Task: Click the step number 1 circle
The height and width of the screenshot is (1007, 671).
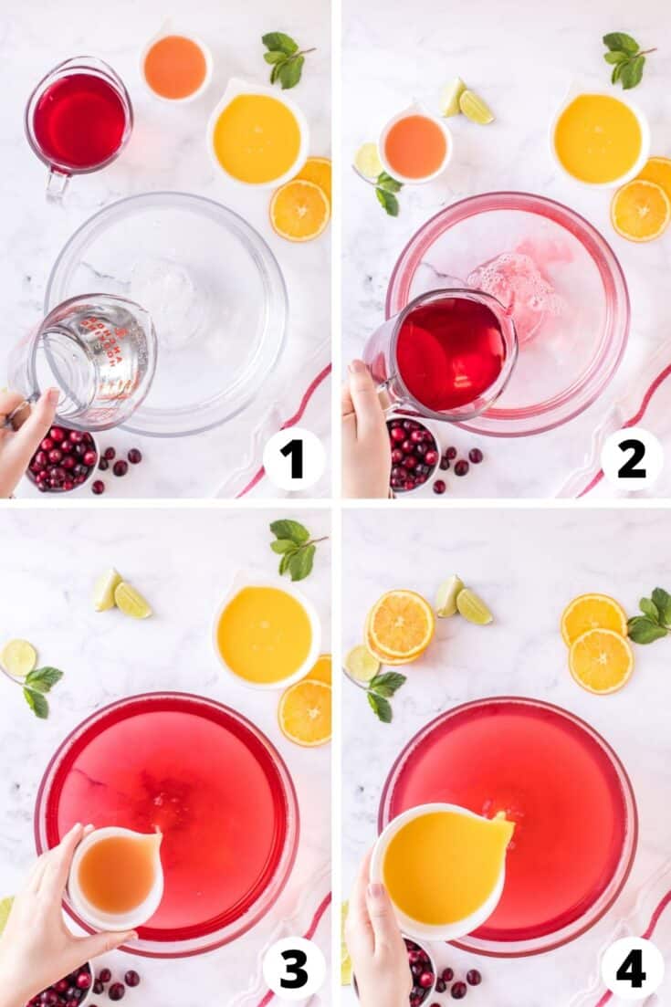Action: pos(294,459)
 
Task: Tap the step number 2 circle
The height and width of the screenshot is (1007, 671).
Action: pos(632,459)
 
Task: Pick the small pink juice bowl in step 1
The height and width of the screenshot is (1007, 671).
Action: pos(176,67)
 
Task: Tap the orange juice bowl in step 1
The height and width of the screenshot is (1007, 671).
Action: pos(257,138)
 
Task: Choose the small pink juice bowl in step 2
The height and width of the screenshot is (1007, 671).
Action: pos(415,146)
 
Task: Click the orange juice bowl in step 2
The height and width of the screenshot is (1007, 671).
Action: pos(599,138)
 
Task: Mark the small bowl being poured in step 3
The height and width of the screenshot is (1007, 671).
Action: pos(117,876)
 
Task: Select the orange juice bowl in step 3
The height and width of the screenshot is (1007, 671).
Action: pos(266,634)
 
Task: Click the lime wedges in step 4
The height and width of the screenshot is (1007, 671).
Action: pos(462,601)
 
